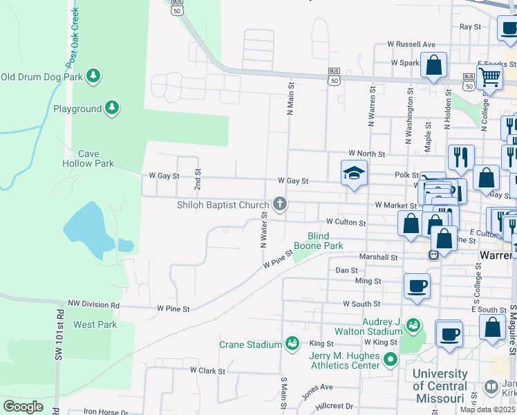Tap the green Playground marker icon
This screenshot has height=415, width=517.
coord(112,108)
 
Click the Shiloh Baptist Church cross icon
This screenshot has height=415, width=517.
coord(279,204)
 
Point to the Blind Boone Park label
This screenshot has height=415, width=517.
coord(318,241)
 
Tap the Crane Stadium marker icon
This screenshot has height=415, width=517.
coord(292,344)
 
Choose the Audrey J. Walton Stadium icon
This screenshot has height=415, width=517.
coord(413,324)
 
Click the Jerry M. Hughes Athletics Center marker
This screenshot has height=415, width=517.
coord(391,358)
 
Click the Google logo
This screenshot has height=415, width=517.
coord(23,406)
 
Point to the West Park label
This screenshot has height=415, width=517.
coord(95,324)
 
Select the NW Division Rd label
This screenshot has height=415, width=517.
coord(93,304)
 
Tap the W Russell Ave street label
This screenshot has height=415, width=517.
coord(411,44)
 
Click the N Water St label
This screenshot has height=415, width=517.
coord(264,229)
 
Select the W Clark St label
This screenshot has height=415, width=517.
coord(208,371)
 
